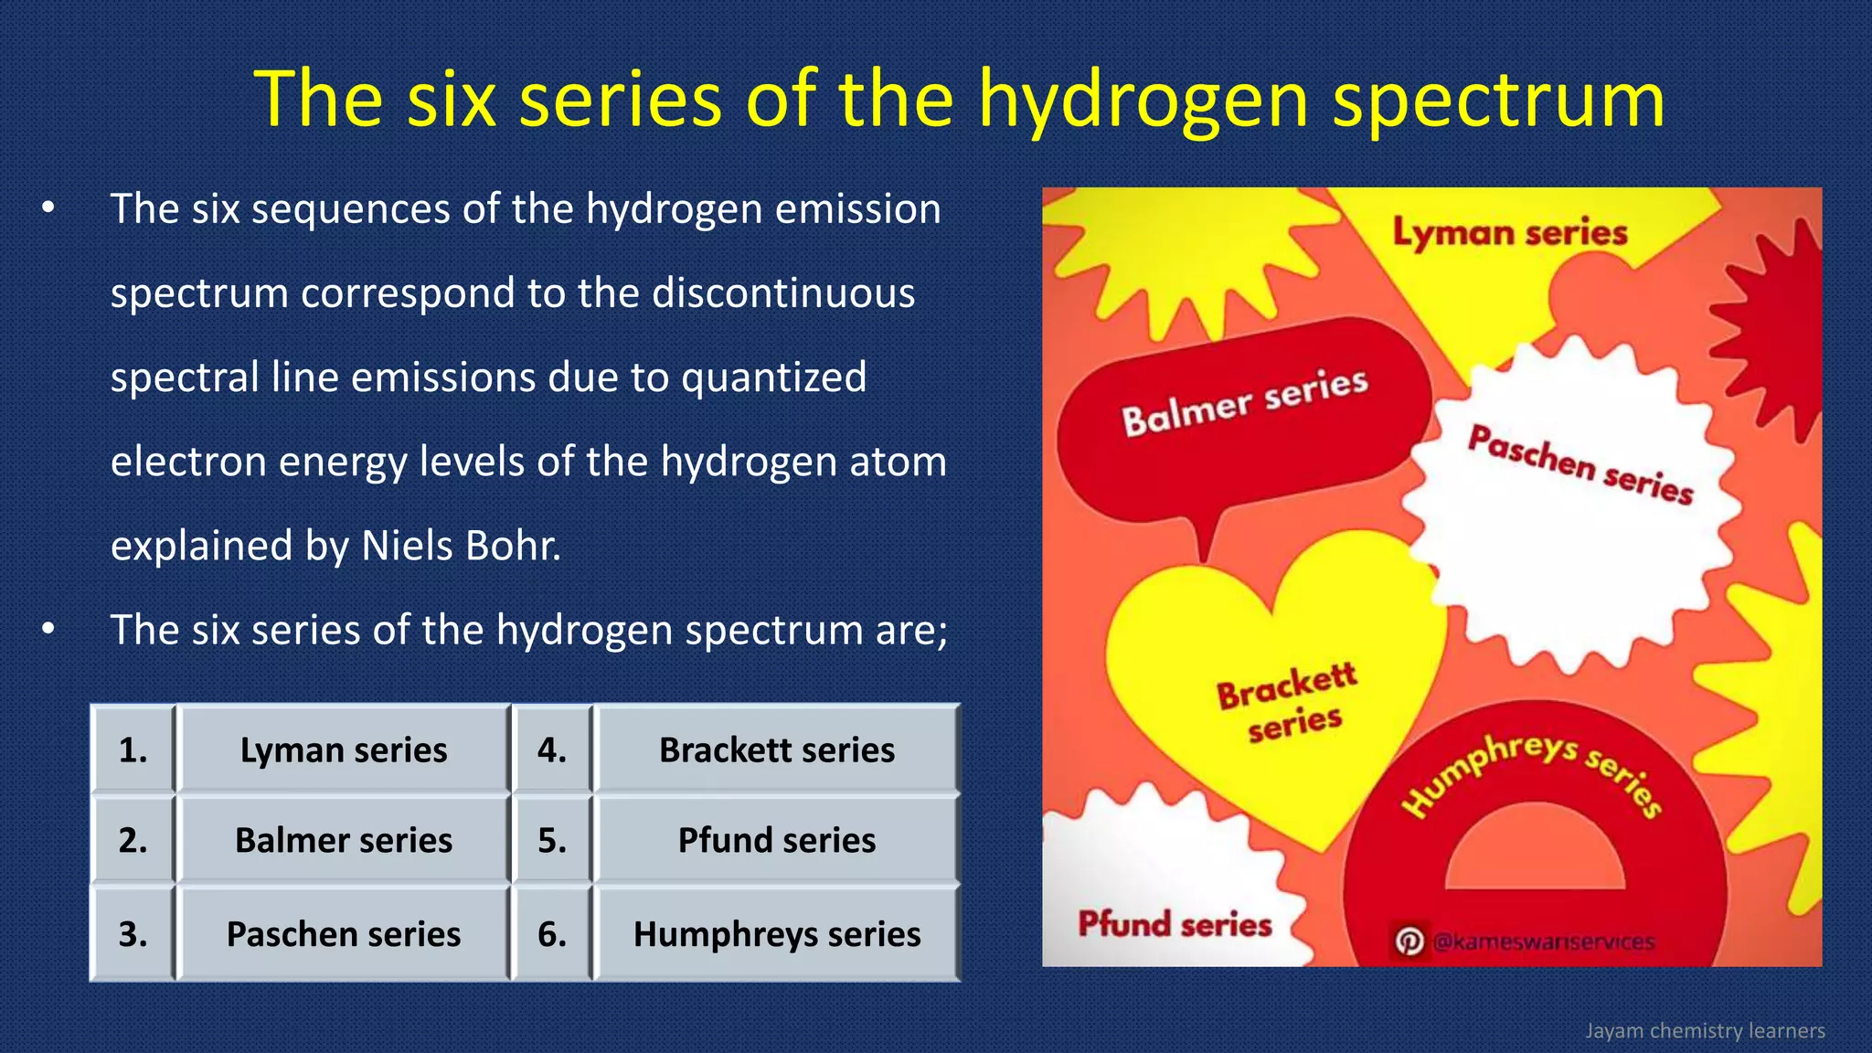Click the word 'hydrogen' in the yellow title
click(x=1143, y=101)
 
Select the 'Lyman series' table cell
click(x=344, y=750)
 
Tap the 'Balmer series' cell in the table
click(x=344, y=840)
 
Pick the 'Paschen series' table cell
click(x=344, y=934)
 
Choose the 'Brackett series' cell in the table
click(x=777, y=750)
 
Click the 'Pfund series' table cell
click(x=777, y=840)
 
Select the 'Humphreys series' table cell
click(x=777, y=934)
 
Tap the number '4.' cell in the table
click(x=552, y=750)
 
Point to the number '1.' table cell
click(x=133, y=750)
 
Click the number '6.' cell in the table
click(x=552, y=934)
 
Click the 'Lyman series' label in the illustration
click(x=1510, y=233)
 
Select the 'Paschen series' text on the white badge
click(x=1580, y=465)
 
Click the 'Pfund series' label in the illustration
click(x=1175, y=924)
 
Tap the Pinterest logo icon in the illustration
click(x=1409, y=941)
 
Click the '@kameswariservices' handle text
click(x=1544, y=941)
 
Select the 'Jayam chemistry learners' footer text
click(x=1705, y=1031)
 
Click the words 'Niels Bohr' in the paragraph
click(x=461, y=546)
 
